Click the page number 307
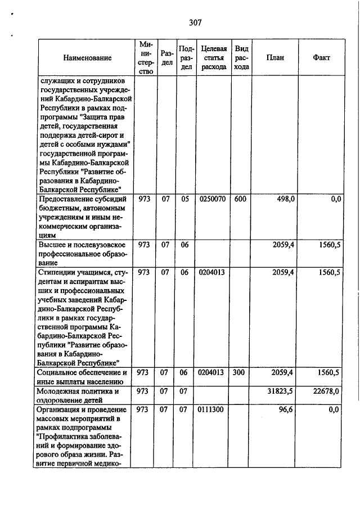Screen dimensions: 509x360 196,23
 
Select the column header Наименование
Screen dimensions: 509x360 87,58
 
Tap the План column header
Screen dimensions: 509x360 275,58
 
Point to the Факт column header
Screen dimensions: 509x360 322,58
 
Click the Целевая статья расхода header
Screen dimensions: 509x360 213,58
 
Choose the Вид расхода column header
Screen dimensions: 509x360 241,58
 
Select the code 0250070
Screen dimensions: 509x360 212,199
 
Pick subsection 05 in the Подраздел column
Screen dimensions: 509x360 185,199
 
